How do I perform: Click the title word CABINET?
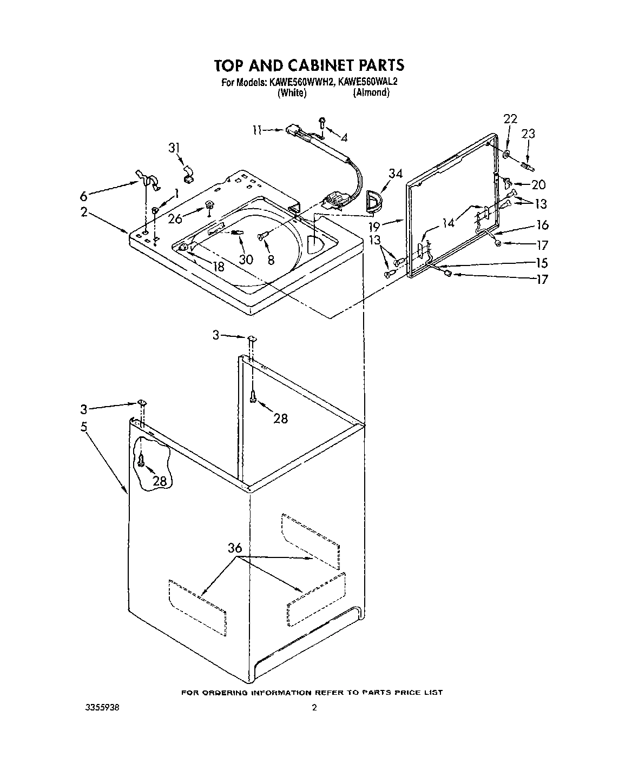point(315,65)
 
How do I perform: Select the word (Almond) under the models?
point(371,92)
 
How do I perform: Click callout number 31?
point(174,148)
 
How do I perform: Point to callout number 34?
point(396,174)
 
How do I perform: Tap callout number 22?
point(510,119)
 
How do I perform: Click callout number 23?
point(528,133)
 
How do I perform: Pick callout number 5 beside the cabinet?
point(84,427)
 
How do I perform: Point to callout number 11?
point(258,130)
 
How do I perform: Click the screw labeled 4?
point(322,122)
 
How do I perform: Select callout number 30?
point(246,259)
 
